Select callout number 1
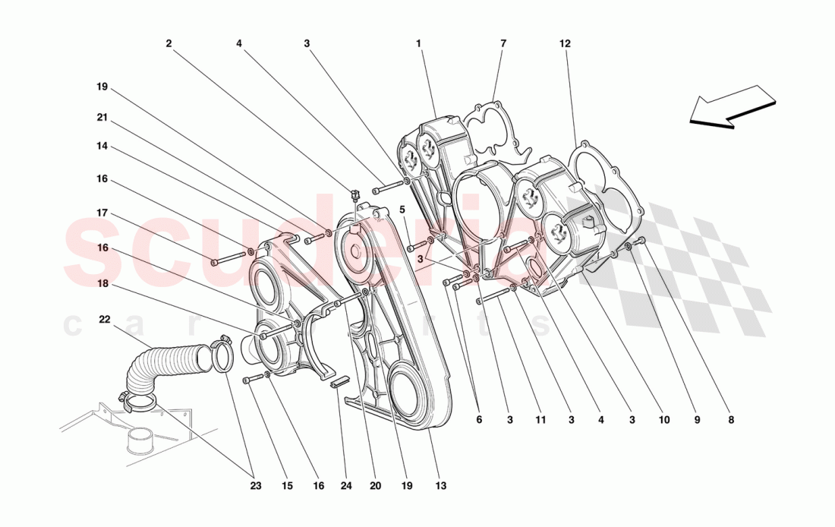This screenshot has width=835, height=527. (418, 44)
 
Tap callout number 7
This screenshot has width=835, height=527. (503, 44)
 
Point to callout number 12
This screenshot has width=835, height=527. (565, 44)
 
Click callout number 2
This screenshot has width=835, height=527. (169, 44)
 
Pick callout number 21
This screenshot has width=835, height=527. (102, 117)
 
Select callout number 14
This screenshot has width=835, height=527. (102, 146)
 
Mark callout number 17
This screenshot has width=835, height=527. (102, 213)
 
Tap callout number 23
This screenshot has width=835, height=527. (255, 486)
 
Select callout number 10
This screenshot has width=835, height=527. (664, 418)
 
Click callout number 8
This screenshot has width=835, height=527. (731, 418)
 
